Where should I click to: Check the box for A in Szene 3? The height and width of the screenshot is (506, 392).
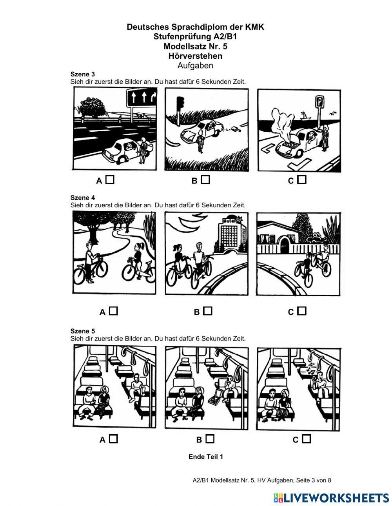[110, 180]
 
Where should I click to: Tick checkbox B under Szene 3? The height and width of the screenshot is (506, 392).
[205, 180]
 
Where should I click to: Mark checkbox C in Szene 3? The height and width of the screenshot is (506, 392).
[301, 180]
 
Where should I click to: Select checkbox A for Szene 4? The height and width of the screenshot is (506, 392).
[113, 311]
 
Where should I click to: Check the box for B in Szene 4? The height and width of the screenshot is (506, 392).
[208, 311]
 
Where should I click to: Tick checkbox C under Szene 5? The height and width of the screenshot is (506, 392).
[306, 439]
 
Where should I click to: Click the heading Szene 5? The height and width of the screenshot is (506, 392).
[82, 331]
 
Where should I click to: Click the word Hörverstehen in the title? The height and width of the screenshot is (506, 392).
[195, 56]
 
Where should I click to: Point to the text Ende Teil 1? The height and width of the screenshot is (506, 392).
[206, 457]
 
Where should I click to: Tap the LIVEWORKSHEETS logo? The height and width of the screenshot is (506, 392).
[331, 498]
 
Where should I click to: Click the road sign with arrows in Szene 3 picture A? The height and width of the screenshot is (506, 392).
[141, 97]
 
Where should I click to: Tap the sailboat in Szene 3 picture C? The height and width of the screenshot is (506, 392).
[305, 115]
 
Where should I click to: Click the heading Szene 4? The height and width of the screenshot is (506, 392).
[82, 198]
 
